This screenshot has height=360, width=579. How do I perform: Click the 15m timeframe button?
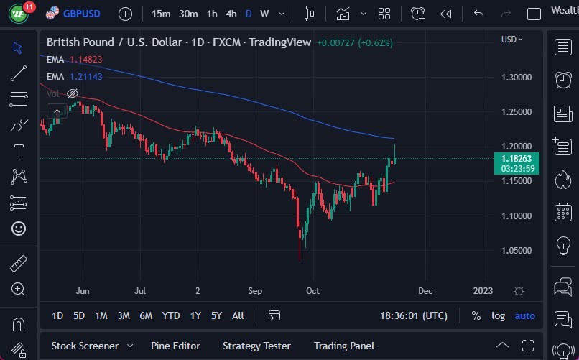(x=162, y=14)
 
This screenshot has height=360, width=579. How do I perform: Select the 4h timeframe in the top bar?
(x=231, y=14)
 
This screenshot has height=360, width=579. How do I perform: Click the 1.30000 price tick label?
(x=517, y=77)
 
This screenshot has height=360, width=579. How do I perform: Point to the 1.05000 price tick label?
(x=517, y=251)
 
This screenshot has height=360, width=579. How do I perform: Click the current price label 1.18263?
(x=517, y=158)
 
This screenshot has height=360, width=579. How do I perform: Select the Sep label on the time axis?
(x=255, y=291)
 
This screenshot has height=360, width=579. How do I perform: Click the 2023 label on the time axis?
(x=483, y=291)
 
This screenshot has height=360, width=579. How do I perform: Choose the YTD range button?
(x=171, y=315)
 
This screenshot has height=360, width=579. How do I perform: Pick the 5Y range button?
(x=216, y=315)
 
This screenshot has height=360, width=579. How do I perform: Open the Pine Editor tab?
(x=175, y=346)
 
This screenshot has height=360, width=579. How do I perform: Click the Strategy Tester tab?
(x=256, y=346)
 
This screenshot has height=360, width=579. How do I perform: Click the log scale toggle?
(x=498, y=315)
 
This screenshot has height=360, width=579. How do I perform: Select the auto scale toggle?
(x=525, y=315)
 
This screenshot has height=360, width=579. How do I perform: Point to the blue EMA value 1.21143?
(x=86, y=76)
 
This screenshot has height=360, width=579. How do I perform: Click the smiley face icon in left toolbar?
(x=19, y=229)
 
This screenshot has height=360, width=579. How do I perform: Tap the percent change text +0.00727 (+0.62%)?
(x=355, y=42)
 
